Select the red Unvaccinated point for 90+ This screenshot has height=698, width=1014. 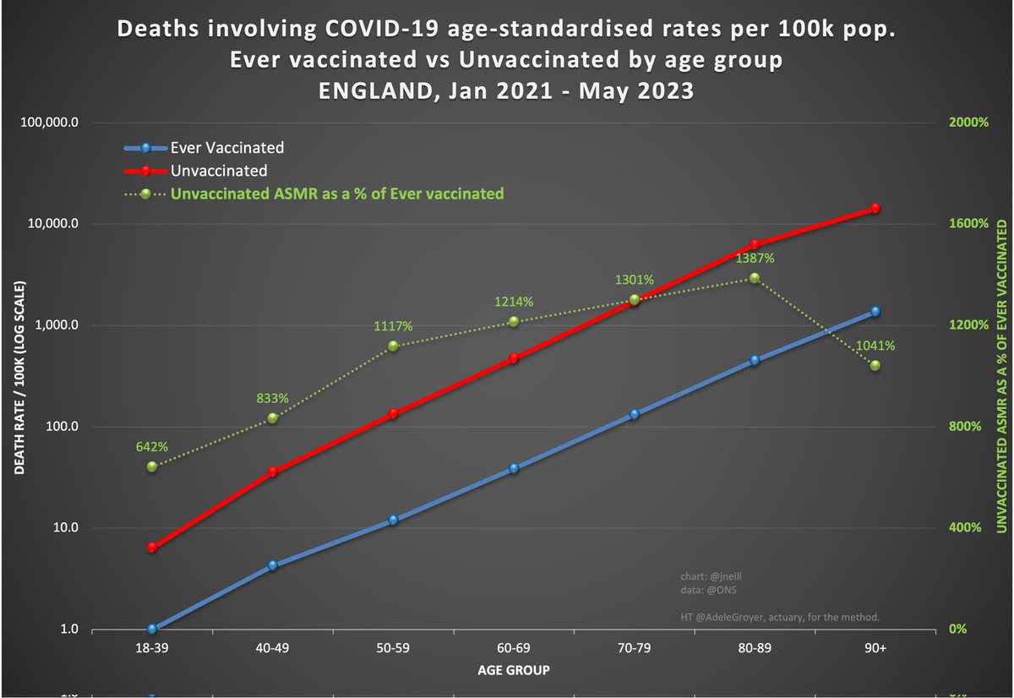point(875,208)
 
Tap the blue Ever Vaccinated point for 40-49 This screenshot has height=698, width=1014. point(272,565)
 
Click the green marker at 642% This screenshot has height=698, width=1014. point(152,466)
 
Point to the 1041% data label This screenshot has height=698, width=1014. point(875,346)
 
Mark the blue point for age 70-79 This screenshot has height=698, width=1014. point(634,414)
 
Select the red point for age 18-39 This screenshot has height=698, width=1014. point(152,548)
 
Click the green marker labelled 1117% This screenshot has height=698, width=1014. point(393,346)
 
